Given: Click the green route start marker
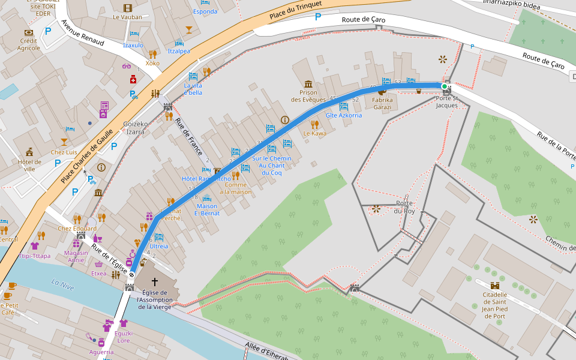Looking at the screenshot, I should coord(445,86).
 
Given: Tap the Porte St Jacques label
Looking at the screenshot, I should coord(446,101).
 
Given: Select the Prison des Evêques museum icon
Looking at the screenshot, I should coord(308,83).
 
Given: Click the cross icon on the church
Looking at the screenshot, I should coord(155,281).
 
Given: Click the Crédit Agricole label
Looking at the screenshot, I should coord(29,44).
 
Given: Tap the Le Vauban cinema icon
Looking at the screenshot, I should coord(127,8).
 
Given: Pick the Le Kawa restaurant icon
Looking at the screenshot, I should coord(314,124).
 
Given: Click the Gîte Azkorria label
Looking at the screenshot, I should coord(343,115).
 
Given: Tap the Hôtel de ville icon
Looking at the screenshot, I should coord(29,152).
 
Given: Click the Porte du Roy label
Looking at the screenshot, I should coord(404,207).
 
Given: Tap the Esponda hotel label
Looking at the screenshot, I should coord(205,11).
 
